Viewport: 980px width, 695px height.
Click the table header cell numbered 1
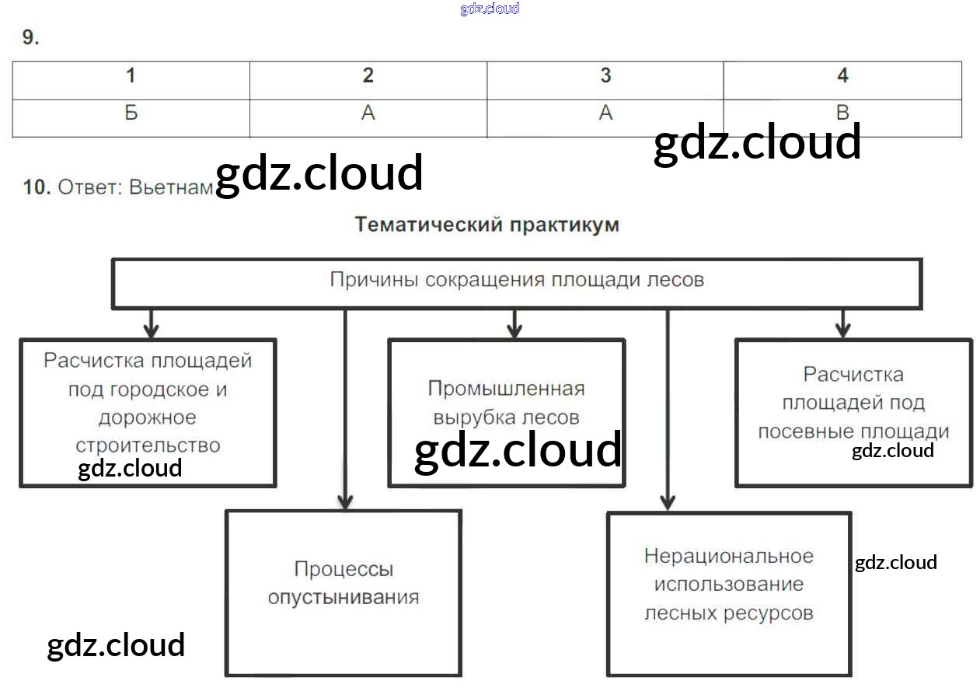click(x=131, y=76)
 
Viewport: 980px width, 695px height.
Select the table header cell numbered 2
click(x=368, y=76)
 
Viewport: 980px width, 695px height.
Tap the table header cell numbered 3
click(x=605, y=76)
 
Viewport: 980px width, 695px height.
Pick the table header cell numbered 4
click(x=842, y=76)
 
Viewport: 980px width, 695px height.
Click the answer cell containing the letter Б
click(x=131, y=114)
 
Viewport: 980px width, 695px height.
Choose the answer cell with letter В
click(x=842, y=114)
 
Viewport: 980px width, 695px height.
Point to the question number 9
click(x=30, y=37)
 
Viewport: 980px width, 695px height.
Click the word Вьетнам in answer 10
click(x=171, y=187)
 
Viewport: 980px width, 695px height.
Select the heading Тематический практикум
click(x=487, y=225)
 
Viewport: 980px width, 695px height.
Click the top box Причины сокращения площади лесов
click(x=517, y=281)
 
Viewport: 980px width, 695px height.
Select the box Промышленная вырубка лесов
click(x=506, y=403)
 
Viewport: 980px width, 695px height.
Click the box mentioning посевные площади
click(x=853, y=403)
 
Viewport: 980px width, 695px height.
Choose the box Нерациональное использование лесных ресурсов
click(x=728, y=585)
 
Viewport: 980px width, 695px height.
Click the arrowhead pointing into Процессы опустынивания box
click(x=346, y=501)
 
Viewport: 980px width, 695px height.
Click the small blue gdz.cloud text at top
click(x=490, y=9)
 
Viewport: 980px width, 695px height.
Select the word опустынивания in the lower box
click(x=344, y=598)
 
